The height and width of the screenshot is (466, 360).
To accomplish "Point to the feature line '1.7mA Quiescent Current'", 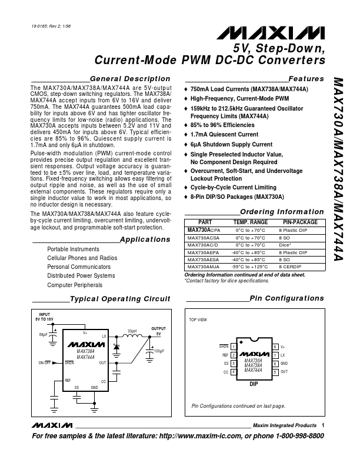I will click(225, 134).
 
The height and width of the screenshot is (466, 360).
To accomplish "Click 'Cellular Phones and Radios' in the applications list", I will click(82, 258).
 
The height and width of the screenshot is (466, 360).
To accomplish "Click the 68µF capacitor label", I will click(43, 335).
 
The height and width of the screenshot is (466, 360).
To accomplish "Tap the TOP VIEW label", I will click(198, 319).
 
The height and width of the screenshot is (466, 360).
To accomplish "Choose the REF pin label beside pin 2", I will click(225, 355).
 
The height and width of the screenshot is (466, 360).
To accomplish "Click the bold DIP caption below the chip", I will click(254, 384).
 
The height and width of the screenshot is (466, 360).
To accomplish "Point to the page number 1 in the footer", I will click(324, 425).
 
